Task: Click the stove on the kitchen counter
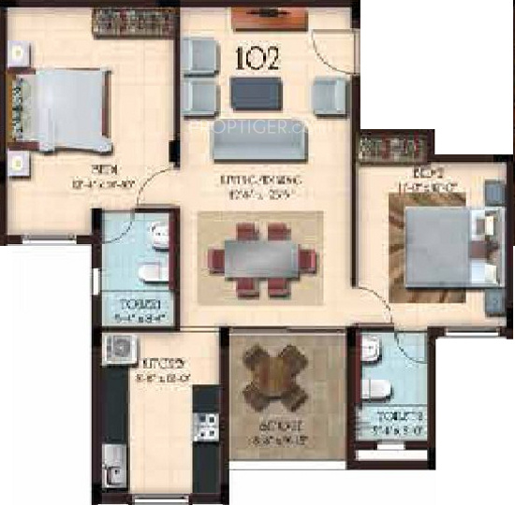206,426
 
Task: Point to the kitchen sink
113,458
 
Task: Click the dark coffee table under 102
254,93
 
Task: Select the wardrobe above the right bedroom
393,149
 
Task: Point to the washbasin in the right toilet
371,352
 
